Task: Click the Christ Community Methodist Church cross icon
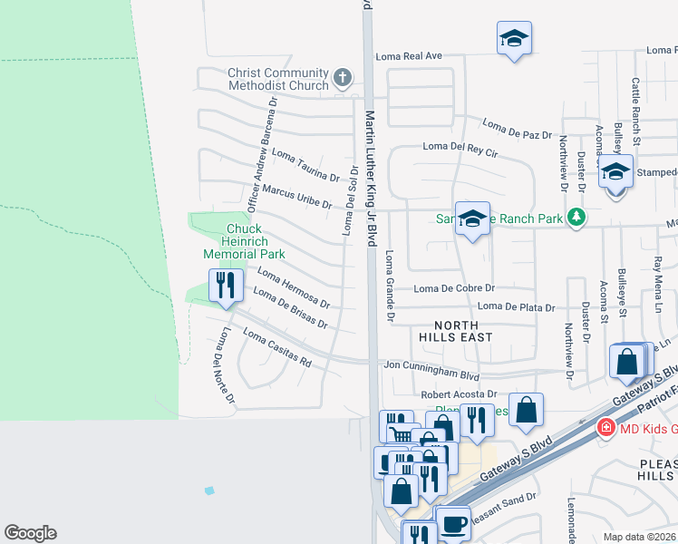click(x=343, y=78)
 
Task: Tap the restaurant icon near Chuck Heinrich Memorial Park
click(x=224, y=285)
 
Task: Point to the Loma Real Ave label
click(x=409, y=56)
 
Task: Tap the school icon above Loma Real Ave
click(x=514, y=39)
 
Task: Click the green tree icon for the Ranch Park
click(x=574, y=218)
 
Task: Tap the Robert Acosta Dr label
click(x=460, y=395)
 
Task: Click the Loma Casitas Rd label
click(x=278, y=350)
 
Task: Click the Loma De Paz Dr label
click(x=517, y=130)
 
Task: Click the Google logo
click(x=30, y=533)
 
